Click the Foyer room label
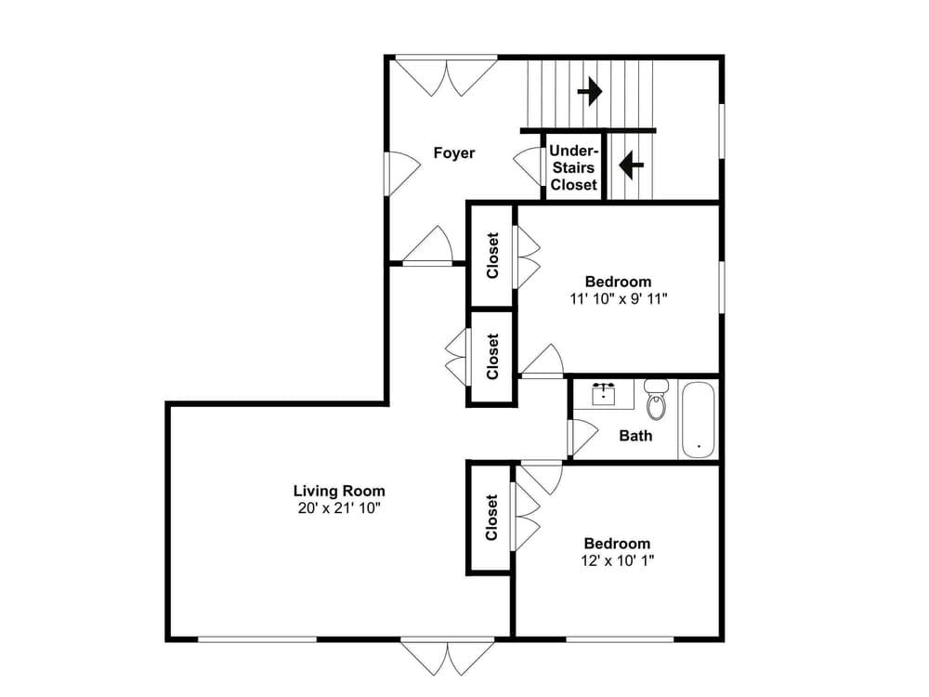[454, 153]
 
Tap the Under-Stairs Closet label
[573, 167]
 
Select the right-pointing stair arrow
[590, 91]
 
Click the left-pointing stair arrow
[631, 164]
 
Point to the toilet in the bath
[656, 399]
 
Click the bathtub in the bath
[698, 420]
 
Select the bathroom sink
[604, 394]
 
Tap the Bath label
[635, 436]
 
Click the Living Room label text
[339, 491]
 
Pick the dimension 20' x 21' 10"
[339, 508]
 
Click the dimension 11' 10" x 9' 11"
[619, 298]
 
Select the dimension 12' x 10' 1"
[618, 560]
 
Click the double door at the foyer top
[446, 75]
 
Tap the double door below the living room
[448, 657]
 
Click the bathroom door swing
[583, 439]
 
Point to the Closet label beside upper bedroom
[492, 256]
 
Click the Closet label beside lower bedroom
[491, 518]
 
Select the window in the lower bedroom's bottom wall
[620, 639]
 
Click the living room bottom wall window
[257, 639]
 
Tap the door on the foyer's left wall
[402, 174]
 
